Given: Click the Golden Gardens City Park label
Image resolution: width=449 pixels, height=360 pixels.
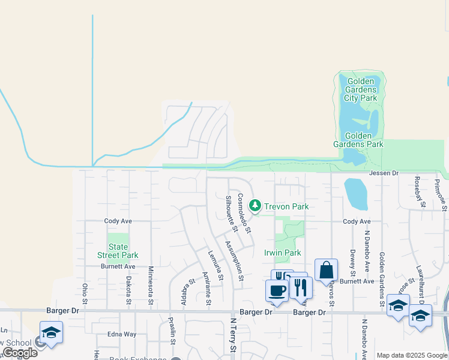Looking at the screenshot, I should coord(360,89).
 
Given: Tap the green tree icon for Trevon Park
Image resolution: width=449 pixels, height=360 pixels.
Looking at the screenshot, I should coord(255,206).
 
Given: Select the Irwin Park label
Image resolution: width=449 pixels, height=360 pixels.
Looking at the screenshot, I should coord(283,253).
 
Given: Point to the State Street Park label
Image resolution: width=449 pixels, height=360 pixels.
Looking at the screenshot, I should coord(118,251).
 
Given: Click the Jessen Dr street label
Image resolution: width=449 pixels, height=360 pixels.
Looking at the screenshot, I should coord(384,173).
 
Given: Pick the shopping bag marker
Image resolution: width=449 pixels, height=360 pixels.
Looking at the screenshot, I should coord(326,271).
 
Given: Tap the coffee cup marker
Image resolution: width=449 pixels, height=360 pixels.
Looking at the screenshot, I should coord(277,291).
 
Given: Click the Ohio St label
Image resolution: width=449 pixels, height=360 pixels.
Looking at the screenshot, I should coord(85,293).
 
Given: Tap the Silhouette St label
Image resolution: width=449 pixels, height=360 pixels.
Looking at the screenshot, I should coord(231,212).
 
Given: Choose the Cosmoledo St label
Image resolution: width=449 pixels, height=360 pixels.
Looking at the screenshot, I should coord(244,212).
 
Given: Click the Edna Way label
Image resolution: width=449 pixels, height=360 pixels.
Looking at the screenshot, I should coord(122,334).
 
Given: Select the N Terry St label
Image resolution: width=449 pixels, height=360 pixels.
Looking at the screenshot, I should coord(234,339).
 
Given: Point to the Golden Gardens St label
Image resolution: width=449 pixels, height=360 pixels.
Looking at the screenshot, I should coord(381,279).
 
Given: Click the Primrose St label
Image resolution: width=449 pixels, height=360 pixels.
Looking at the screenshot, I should coord(441,194).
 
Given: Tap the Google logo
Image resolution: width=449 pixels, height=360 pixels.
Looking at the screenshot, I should coord(20,352).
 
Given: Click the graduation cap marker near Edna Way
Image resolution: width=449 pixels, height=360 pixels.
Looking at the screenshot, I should coord(52,333).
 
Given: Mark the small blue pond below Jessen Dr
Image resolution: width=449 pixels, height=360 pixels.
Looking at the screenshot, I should coord(355,194).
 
